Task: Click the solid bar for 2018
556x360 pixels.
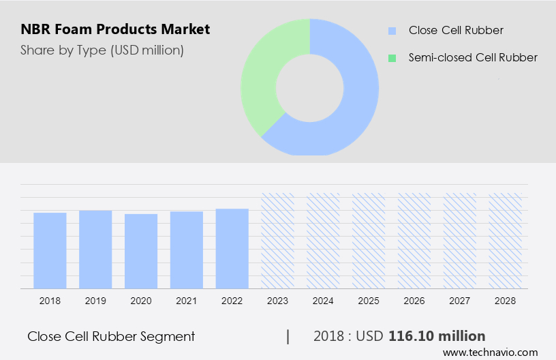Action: pos(50,250)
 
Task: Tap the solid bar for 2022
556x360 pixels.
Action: pos(232,248)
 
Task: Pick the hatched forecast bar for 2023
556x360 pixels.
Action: pos(277,240)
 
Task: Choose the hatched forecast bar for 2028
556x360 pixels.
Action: pos(505,240)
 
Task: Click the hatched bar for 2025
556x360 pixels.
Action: pos(369,240)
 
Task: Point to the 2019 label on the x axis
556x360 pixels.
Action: pos(95,300)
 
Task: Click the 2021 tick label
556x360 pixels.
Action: pos(187,300)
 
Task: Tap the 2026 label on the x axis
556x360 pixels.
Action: pos(414,300)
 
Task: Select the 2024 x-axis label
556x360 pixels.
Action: pos(323,300)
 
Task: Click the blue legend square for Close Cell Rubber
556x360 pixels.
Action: pos(392,31)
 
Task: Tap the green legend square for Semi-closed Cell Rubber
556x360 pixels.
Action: pos(392,58)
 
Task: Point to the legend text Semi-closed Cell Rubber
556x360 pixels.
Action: pos(473,58)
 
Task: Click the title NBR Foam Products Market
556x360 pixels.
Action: pos(115,29)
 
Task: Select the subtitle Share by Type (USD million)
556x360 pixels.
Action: pos(102,50)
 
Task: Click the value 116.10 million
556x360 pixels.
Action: pos(437,336)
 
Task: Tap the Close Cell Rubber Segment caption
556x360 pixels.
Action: pos(111,336)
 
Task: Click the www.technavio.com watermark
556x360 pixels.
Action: pos(490,352)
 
